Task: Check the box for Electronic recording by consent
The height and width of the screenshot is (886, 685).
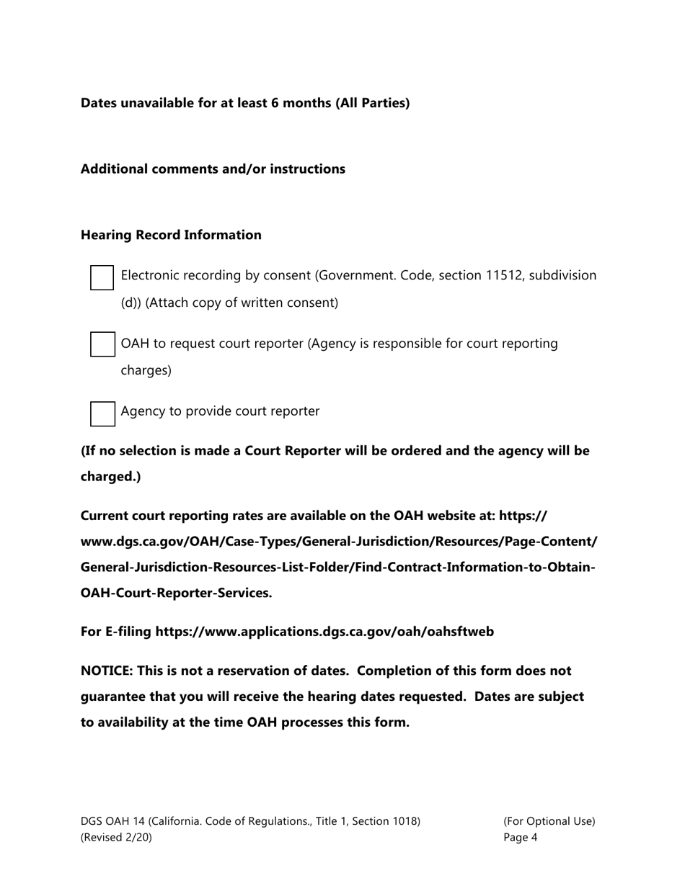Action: point(102,277)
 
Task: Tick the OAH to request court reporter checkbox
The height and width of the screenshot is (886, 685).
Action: point(102,344)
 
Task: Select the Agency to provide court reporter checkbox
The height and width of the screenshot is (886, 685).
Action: point(102,413)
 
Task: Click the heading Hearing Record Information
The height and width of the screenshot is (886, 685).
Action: point(171,235)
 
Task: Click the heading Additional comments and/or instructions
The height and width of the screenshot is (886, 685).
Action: point(213,169)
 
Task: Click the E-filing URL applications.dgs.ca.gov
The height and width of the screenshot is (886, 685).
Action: point(324,632)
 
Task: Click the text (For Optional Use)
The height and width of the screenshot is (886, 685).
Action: point(549,820)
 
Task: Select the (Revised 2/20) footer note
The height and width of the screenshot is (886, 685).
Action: point(116,837)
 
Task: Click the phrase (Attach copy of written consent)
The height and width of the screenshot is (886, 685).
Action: point(242,303)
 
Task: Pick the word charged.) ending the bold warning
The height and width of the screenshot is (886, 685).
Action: point(110,476)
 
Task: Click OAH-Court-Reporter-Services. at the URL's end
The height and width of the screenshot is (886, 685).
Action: point(176,593)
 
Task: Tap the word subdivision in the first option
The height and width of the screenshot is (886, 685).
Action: point(562,275)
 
